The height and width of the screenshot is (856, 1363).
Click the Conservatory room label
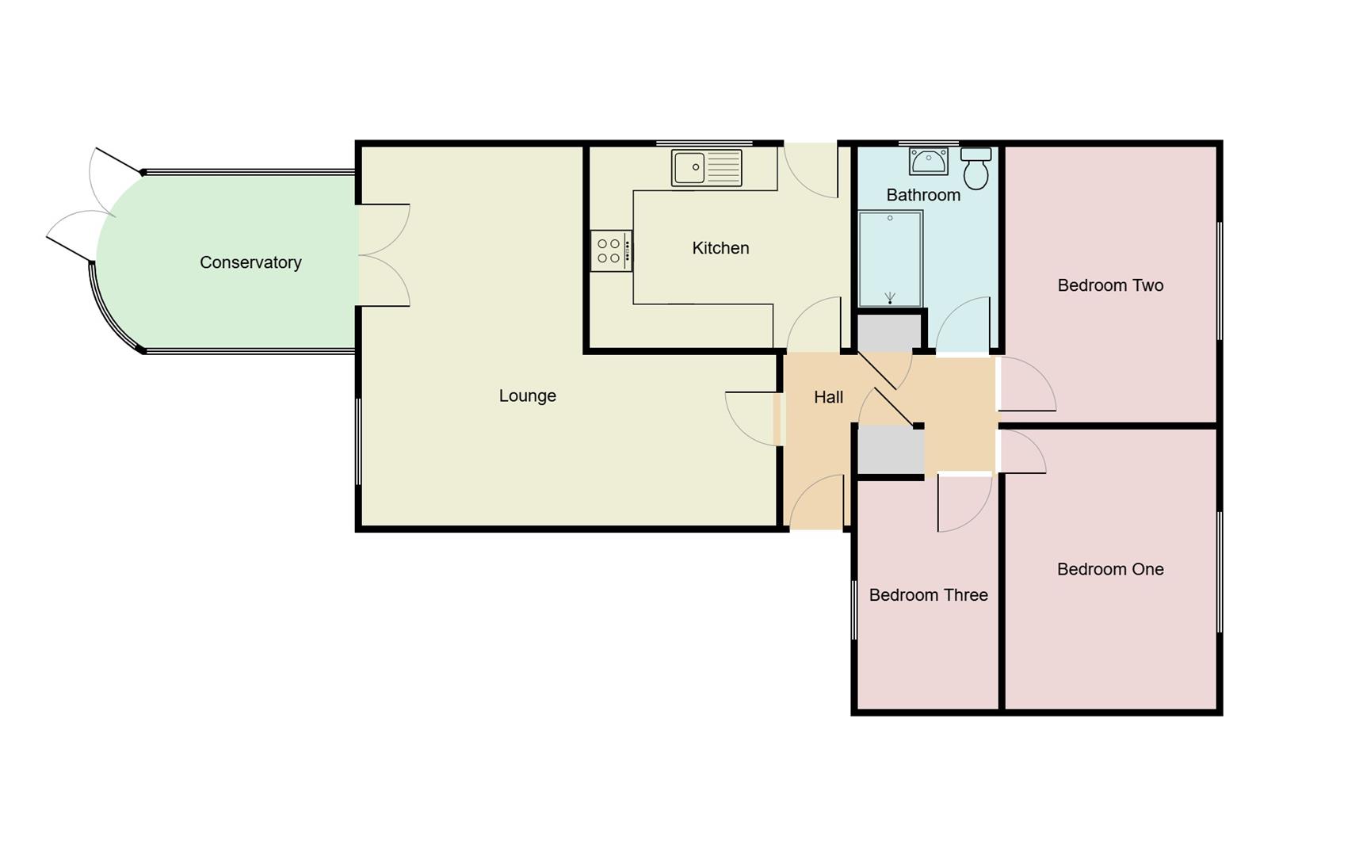250,262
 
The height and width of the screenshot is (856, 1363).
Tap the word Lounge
527,396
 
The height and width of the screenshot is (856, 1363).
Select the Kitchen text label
720,248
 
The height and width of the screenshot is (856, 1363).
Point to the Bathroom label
923,195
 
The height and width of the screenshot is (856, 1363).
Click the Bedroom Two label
1109,285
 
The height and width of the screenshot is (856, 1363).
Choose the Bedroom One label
1109,569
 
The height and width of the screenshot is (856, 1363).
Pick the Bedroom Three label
928,595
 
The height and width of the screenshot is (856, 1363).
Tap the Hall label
828,397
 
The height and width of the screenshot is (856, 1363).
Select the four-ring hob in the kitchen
610,251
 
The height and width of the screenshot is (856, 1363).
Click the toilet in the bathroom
976,168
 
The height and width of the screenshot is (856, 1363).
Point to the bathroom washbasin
928,161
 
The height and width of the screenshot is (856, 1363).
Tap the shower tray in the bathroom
891,258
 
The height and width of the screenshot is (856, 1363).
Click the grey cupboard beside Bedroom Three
891,451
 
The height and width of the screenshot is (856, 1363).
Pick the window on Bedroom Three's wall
854,610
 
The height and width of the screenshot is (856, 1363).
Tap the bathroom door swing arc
963,325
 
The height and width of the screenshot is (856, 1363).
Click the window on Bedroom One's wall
1220,571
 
